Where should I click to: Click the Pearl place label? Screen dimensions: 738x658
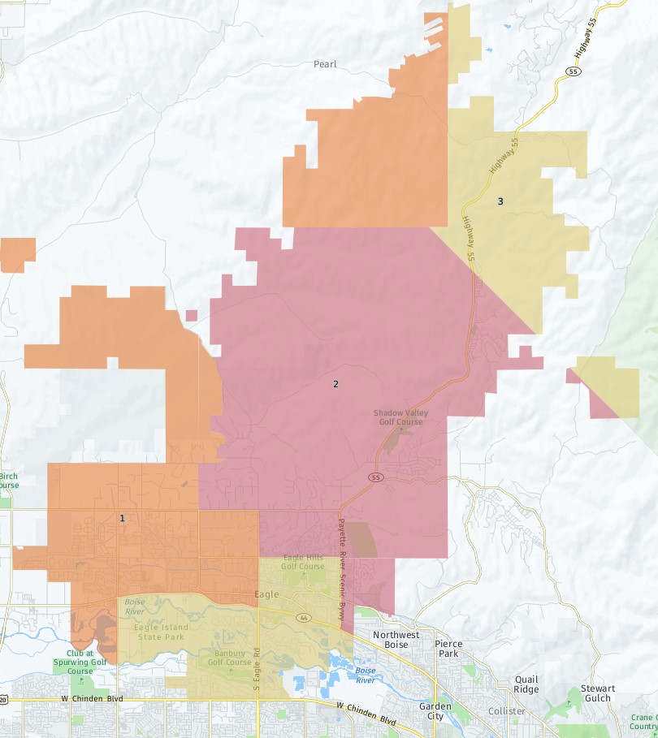click(x=325, y=64)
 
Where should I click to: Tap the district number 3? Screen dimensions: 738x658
click(x=500, y=201)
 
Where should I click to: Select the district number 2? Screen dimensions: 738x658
click(x=335, y=384)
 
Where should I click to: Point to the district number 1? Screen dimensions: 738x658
click(x=123, y=518)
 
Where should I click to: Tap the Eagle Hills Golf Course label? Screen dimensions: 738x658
click(x=303, y=562)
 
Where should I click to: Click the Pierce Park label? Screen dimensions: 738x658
click(x=448, y=649)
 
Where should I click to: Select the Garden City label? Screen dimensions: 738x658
click(x=435, y=711)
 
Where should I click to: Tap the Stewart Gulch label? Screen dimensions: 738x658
click(x=598, y=693)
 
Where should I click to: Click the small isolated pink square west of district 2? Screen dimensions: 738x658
click(x=191, y=316)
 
